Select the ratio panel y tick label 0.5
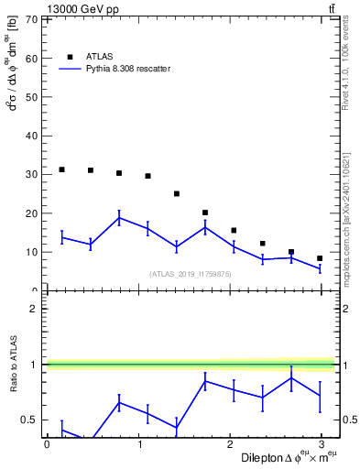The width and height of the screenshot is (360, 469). click(x=28, y=420)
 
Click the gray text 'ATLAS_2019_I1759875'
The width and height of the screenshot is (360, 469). click(x=191, y=273)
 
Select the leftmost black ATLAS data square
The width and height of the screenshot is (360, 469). click(x=61, y=169)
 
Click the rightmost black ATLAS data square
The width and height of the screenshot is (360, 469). click(x=320, y=258)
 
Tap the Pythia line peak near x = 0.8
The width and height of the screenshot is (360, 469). click(x=119, y=217)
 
